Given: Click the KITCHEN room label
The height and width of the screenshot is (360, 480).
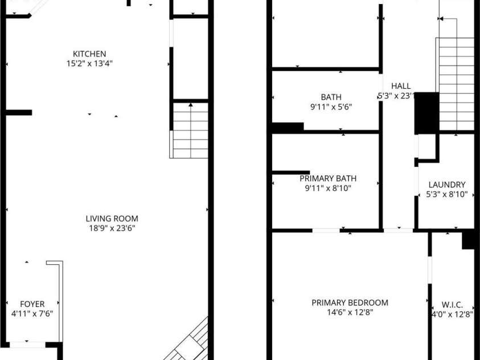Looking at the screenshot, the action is tap(89, 54).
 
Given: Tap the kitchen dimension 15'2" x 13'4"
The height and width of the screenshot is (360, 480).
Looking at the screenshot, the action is tap(89, 64).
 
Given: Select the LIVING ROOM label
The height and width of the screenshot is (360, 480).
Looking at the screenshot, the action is tap(112, 219).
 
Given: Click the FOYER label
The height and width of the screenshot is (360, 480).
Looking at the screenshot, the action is tap(32, 304).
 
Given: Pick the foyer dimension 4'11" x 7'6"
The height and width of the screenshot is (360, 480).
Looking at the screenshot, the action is tap(32, 314).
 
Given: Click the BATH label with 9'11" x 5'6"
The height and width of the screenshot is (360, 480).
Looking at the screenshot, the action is tap(331, 97).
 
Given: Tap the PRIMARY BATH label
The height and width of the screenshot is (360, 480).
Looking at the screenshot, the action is tap(328, 178).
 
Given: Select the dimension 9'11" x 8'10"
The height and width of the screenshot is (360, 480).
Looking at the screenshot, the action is tap(328, 188).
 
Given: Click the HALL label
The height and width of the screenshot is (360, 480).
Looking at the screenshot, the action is tap(401, 86).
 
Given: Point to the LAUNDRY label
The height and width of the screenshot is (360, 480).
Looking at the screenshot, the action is tap(447, 185).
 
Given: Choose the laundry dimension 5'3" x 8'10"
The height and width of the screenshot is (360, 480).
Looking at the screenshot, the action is tap(447, 194).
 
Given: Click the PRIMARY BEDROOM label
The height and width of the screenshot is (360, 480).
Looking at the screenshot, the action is tap(350, 303).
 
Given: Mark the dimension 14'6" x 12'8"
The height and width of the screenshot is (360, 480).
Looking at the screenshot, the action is tap(350, 313).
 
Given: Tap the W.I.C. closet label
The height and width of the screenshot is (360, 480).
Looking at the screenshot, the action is tap(452, 305).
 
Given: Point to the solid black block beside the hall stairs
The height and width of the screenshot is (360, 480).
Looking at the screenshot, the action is tap(426, 113).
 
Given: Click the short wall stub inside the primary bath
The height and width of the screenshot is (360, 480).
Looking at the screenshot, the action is tap(291, 173).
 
